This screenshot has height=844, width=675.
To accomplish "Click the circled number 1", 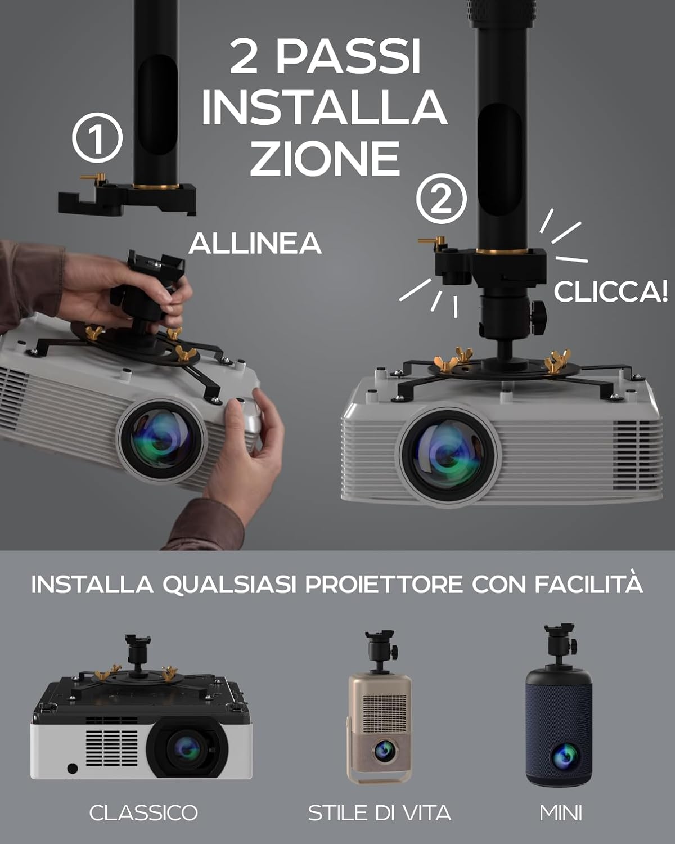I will (x=97, y=138).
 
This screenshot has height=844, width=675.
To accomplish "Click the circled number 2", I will (x=442, y=199).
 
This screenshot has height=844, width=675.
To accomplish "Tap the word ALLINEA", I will (x=255, y=243).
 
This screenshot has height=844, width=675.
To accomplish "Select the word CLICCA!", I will (x=610, y=291).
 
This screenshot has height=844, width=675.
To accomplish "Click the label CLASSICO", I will (x=143, y=812).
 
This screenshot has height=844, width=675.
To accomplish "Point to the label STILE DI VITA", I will (x=380, y=812).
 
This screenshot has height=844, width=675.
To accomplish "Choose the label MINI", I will (x=561, y=812).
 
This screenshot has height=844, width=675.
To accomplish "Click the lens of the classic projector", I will (x=187, y=748).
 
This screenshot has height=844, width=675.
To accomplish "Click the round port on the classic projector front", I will (x=72, y=768).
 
